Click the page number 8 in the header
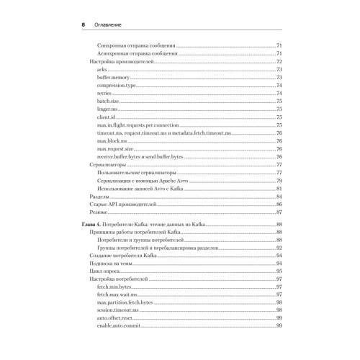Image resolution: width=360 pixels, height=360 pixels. pos(84,24)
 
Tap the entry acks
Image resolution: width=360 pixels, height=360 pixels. pos(101,69)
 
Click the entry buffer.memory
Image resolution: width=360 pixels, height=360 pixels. pos(112,77)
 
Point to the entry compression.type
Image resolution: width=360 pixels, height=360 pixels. pos(116,85)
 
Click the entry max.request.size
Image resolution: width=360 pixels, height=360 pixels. pos(114,149)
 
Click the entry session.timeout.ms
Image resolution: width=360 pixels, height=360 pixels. pos(117,310)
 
